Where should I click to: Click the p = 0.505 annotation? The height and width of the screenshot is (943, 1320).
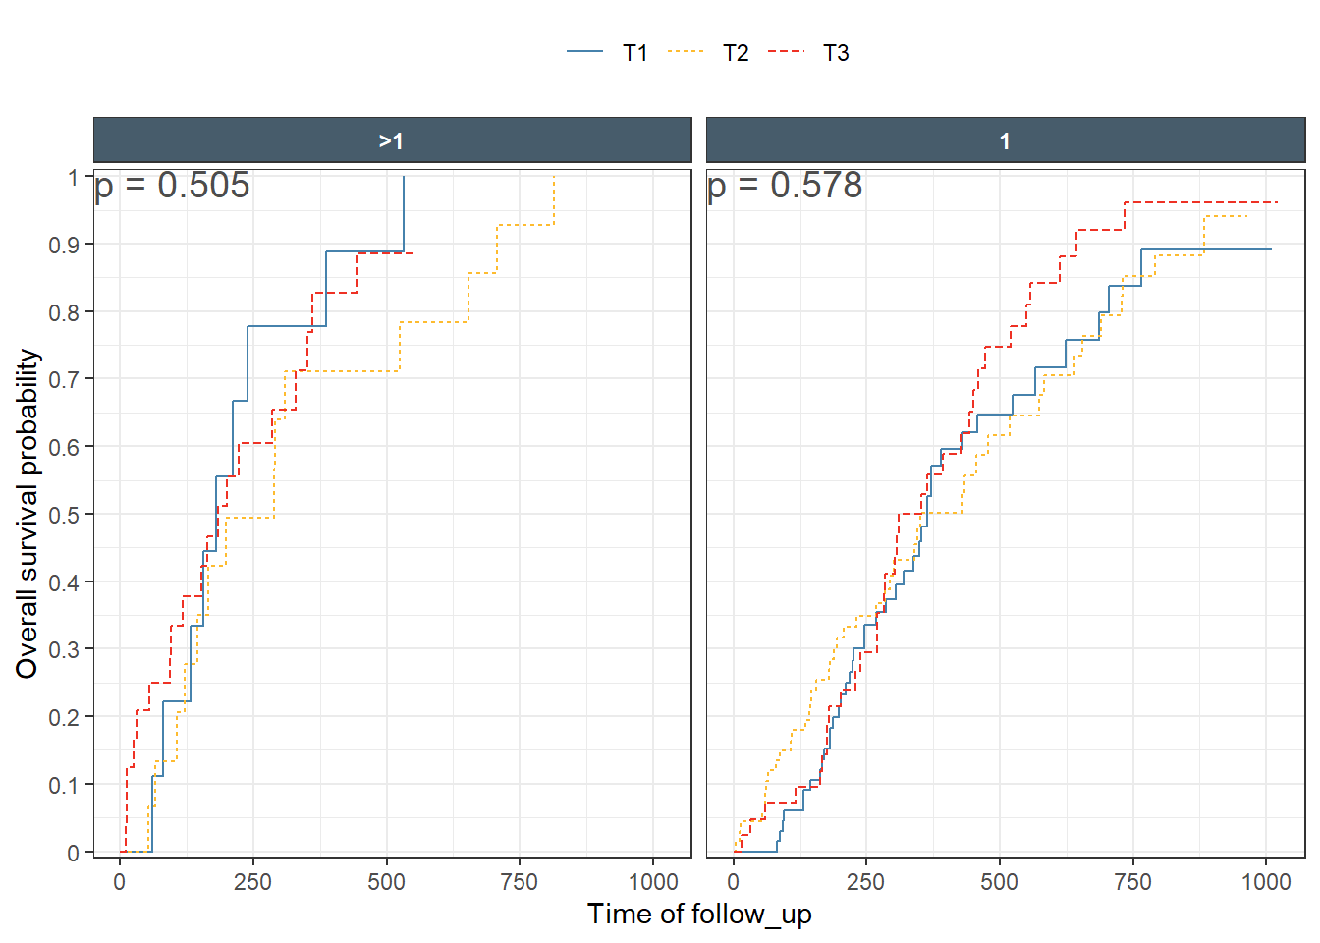coord(173,185)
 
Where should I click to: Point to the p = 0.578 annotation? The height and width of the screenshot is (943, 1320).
coord(785,185)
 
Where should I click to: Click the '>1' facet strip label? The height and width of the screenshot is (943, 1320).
coord(392,140)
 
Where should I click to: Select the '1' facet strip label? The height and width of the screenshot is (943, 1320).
coord(1005,140)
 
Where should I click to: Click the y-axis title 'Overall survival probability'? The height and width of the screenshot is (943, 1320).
coord(27,514)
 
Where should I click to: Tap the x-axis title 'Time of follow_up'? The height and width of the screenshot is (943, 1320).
coord(699,914)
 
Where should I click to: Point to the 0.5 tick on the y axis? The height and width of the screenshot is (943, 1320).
coord(64,515)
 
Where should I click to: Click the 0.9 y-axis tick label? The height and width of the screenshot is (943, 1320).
coord(64,245)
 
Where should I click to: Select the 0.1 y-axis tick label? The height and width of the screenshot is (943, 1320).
coord(64,785)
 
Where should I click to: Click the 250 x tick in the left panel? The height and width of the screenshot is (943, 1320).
coord(252,881)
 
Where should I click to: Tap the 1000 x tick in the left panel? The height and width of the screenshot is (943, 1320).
coord(653,881)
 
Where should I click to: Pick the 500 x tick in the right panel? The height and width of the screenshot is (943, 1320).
coord(999,881)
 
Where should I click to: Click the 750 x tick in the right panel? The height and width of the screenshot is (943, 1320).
coord(1132,881)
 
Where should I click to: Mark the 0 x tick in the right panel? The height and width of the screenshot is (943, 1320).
coord(733,881)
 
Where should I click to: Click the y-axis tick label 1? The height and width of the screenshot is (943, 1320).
coord(73,178)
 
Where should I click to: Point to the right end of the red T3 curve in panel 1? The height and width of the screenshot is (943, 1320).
coord(1277,202)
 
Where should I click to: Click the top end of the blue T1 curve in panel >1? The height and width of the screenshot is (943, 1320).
coord(404,178)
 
